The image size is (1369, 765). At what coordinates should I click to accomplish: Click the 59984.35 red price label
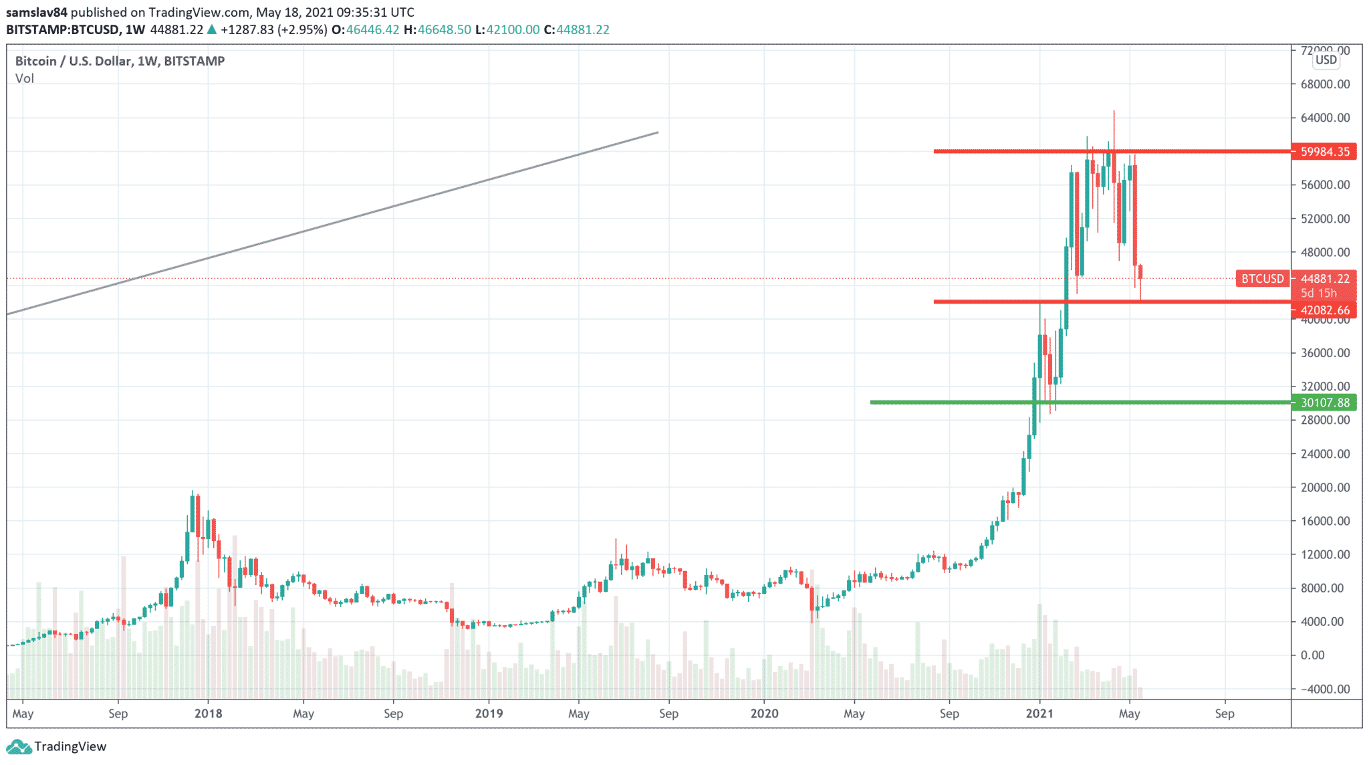click(1324, 152)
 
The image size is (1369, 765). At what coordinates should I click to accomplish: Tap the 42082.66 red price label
click(1324, 310)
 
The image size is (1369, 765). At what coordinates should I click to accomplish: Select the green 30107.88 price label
click(1324, 403)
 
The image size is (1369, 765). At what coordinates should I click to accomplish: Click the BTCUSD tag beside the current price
click(1263, 279)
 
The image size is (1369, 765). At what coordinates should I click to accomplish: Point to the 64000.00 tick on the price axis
click(1325, 118)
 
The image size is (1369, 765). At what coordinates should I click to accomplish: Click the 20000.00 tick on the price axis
click(1325, 487)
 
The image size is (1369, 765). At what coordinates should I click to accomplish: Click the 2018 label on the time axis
click(208, 714)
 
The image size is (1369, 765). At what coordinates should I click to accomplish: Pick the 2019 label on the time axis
click(489, 714)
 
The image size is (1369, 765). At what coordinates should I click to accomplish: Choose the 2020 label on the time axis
click(764, 714)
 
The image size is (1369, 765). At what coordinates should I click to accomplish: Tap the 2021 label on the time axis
click(1039, 714)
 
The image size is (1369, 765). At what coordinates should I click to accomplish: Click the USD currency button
click(1326, 60)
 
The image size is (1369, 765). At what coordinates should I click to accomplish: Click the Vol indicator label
click(25, 79)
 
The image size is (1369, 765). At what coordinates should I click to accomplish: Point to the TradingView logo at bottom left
click(56, 746)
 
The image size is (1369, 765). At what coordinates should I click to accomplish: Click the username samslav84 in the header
click(37, 13)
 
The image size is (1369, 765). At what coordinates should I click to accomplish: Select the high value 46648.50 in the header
click(444, 30)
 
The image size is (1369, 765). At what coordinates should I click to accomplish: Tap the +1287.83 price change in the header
click(247, 30)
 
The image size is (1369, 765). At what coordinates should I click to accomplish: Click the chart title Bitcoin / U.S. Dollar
click(73, 62)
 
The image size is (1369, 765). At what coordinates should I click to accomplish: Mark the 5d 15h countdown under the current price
click(1318, 294)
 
